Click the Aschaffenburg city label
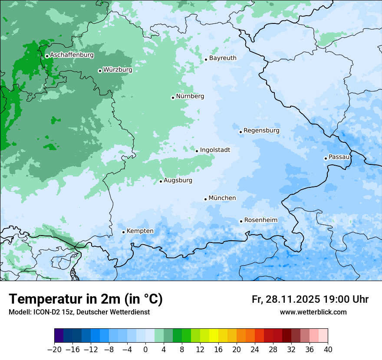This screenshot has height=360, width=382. pyautogui.click(x=72, y=55)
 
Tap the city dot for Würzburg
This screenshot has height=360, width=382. pyautogui.click(x=100, y=71)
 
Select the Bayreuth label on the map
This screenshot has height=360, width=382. pyautogui.click(x=223, y=58)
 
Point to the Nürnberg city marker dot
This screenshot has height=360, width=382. pyautogui.click(x=173, y=98)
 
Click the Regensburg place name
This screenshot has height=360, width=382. pyautogui.click(x=261, y=131)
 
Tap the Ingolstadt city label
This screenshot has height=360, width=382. pyautogui.click(x=215, y=150)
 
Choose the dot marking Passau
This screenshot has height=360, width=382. pyautogui.click(x=326, y=158)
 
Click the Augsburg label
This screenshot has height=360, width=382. pyautogui.click(x=178, y=180)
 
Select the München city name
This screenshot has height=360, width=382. pyautogui.click(x=222, y=198)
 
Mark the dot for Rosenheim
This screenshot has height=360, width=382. pyautogui.click(x=241, y=221)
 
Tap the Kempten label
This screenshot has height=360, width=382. pyautogui.click(x=140, y=231)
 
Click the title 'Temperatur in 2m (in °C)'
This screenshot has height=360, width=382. pyautogui.click(x=86, y=299)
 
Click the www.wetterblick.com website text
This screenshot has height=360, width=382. pyautogui.click(x=313, y=312)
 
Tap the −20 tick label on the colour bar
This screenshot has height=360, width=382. pyautogui.click(x=54, y=350)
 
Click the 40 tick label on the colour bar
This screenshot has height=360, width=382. pyautogui.click(x=328, y=350)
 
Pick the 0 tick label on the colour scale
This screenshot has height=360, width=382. pyautogui.click(x=145, y=350)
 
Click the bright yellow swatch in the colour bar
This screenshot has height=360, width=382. pyautogui.click(x=214, y=336)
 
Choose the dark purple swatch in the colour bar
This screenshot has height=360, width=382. pyautogui.click(x=59, y=336)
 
